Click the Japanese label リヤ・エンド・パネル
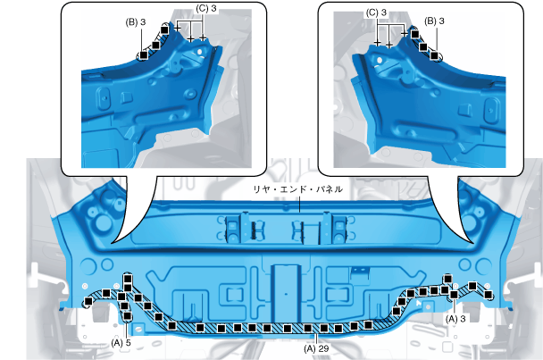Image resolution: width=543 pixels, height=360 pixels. pyautogui.click(x=297, y=189)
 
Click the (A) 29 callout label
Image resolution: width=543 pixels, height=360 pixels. pyautogui.click(x=316, y=348)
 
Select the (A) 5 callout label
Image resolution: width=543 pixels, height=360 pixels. pyautogui.click(x=121, y=343)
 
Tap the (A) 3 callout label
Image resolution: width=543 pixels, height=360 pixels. pyautogui.click(x=455, y=318)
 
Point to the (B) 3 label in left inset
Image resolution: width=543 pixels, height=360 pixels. pyautogui.click(x=136, y=22)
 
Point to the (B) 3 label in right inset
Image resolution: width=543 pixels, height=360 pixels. pyautogui.click(x=434, y=21)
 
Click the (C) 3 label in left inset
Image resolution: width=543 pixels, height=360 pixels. pyautogui.click(x=206, y=9)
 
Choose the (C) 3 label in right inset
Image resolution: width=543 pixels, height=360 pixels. pyautogui.click(x=376, y=13)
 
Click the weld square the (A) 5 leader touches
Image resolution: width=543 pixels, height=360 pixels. pyautogui.click(x=128, y=315)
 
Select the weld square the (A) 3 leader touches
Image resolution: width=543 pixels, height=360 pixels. pyautogui.click(x=454, y=295)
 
